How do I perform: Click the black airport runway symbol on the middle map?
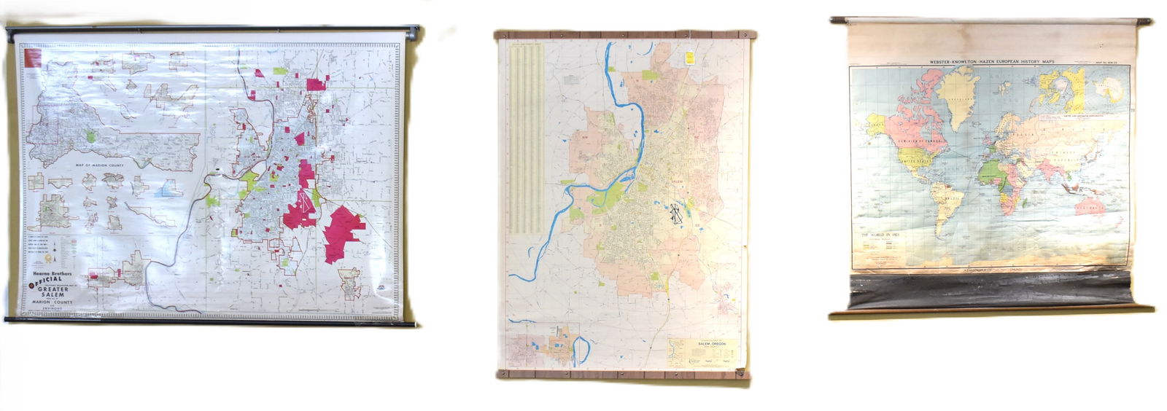pos(676,214)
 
